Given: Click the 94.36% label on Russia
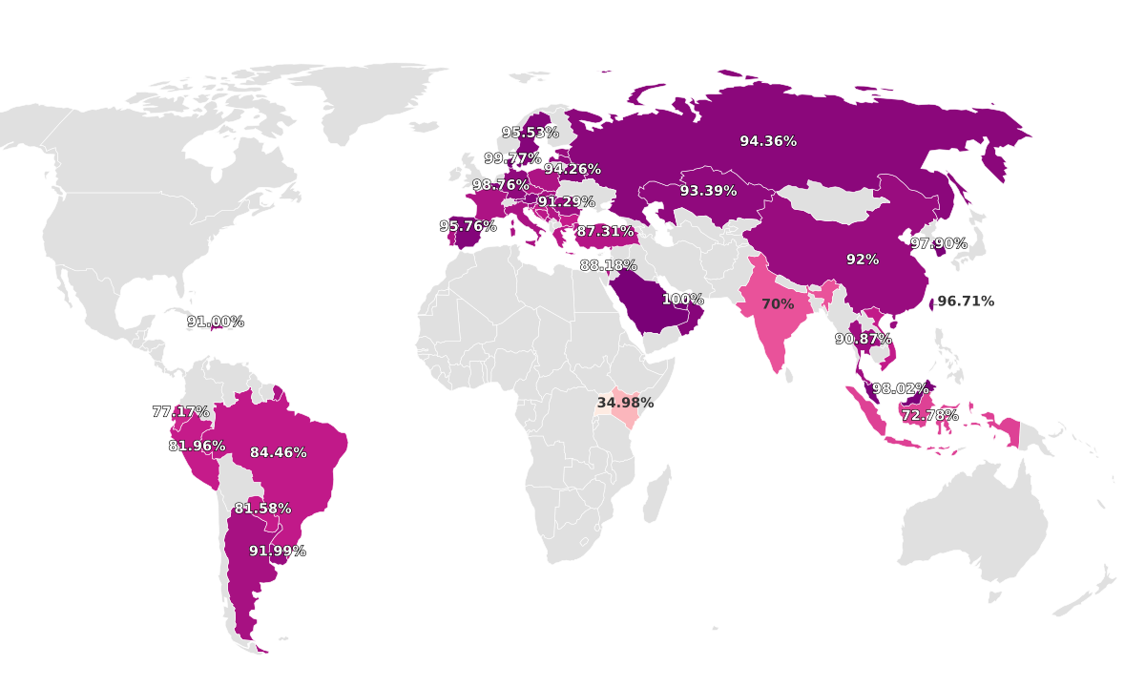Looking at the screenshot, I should (768, 141).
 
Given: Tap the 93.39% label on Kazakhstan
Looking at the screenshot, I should (708, 191).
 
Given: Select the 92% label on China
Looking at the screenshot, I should (863, 260).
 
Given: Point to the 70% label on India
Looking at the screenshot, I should (778, 304).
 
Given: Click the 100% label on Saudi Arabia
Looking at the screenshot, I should (682, 300).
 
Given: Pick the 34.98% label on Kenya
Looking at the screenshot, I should (625, 403).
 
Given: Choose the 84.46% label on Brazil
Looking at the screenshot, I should (279, 452).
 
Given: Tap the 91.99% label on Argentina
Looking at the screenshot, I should (278, 552).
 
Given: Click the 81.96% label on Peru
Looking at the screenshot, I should (198, 446).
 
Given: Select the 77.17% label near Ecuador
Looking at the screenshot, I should (180, 412).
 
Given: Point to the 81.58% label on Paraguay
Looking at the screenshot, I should (263, 509).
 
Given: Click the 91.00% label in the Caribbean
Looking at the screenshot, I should (216, 322).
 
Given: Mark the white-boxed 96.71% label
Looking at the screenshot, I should (966, 302).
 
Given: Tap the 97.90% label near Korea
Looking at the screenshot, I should (939, 243).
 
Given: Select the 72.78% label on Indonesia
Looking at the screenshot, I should (930, 416).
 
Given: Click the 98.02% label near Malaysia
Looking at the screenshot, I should (901, 389).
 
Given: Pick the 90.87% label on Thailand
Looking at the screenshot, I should (864, 339).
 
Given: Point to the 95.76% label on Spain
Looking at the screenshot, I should (468, 226).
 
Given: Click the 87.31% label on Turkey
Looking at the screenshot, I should (605, 232).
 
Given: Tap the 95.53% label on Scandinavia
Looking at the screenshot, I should (531, 133).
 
